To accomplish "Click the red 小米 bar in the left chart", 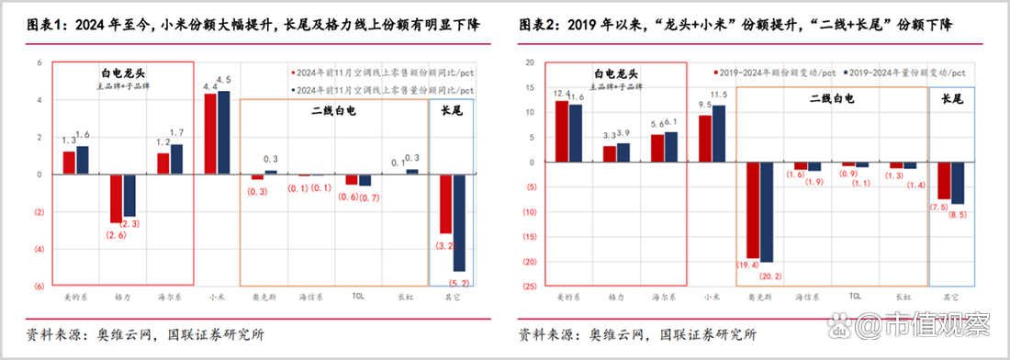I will [210, 134].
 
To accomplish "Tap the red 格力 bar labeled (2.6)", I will [117, 198].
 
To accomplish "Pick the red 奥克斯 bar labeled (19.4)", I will [754, 210].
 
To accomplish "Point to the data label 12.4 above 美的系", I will [562, 94].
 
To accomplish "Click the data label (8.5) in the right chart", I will [958, 215].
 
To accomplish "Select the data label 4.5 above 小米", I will [223, 81].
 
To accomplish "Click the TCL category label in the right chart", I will [855, 297].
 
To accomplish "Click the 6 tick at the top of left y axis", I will [39, 62].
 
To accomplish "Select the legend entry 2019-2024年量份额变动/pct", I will [906, 71].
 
